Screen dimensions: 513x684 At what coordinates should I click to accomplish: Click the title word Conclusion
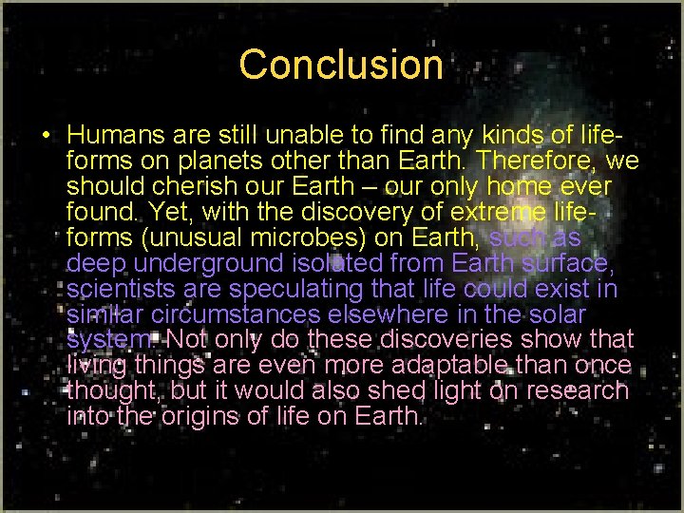point(341,65)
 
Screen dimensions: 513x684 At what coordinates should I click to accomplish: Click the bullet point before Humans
point(46,134)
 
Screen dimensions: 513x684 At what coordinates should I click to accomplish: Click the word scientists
point(121,288)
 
